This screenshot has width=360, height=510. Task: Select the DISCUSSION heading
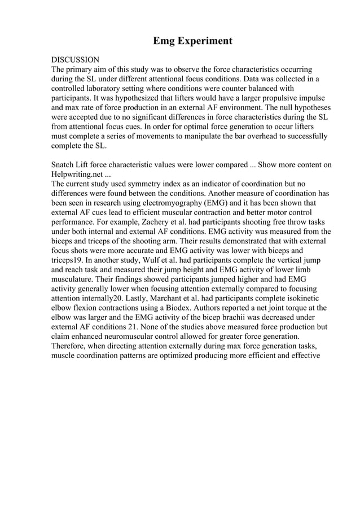(x=75, y=59)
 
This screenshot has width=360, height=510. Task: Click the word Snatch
(x=64, y=165)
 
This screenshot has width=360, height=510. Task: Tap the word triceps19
(x=70, y=261)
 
